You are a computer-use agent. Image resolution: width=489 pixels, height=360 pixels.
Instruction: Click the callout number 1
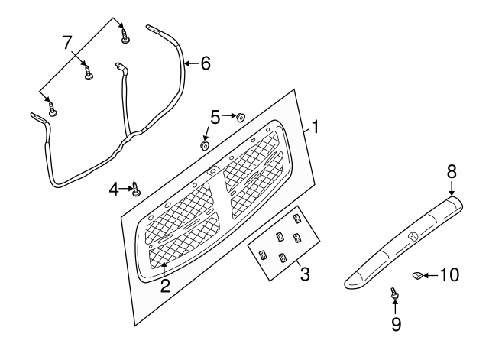coord(316,127)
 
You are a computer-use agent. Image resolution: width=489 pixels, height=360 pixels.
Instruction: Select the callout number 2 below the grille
coord(165,286)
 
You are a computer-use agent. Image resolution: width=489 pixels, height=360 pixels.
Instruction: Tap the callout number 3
coord(305,274)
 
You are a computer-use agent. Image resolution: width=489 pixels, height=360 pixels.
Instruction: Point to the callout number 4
coord(114,189)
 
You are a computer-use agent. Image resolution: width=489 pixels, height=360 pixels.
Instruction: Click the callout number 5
coord(215,117)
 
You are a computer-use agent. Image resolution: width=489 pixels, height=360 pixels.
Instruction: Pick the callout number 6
coord(206,63)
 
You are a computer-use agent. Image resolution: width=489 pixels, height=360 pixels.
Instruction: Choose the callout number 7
coord(67,43)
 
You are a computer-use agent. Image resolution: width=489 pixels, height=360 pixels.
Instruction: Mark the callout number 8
coord(452,171)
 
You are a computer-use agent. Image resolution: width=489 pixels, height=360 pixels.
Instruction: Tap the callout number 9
coord(396,324)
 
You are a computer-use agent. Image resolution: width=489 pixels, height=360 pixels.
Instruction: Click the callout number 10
coord(449,275)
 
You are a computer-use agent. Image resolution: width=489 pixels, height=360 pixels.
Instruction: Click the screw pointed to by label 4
coord(136,189)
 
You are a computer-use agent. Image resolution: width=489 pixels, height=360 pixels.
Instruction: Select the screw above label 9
coord(394,294)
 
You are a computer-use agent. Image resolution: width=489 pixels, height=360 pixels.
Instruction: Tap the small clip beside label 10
coord(417,275)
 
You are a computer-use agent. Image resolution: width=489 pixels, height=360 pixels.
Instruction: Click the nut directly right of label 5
coord(241,117)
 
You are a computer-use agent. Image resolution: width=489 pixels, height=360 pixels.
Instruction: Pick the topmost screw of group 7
coord(125,36)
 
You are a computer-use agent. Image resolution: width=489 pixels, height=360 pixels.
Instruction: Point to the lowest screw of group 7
coord(52,109)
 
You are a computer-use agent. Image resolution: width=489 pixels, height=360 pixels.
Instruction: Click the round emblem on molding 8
coord(413,237)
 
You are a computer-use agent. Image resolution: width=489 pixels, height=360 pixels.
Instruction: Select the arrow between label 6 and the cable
coord(192,63)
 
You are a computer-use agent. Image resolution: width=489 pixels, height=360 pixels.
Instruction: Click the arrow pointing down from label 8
coord(452,189)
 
